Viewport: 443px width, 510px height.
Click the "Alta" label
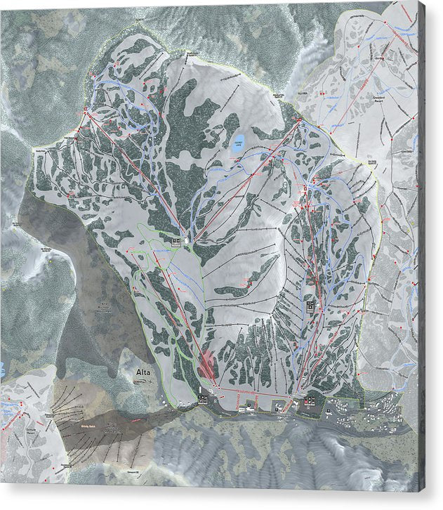pyautogui.click(x=147, y=373)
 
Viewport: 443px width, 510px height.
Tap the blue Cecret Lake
pyautogui.click(x=239, y=140)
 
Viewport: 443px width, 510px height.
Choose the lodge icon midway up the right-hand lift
pyautogui.click(x=310, y=306)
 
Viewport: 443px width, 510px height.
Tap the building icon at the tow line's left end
pyautogui.click(x=203, y=398)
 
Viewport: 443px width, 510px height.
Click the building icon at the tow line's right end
pyautogui.click(x=309, y=400)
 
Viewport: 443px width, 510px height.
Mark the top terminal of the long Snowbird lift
pyautogui.click(x=383, y=22)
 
